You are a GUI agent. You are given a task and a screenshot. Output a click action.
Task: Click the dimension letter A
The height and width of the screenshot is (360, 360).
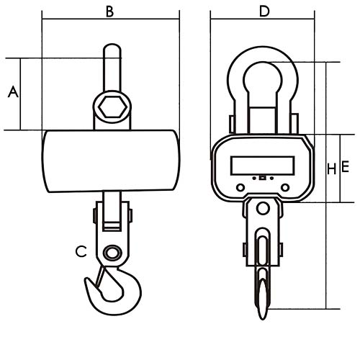(x=13, y=92)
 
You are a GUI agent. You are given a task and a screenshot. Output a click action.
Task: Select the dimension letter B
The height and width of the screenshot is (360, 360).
(x=109, y=12)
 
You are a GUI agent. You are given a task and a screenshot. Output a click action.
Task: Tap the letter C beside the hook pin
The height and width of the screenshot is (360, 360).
(x=81, y=251)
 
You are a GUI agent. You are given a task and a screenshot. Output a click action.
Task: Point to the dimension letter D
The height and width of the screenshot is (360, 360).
(x=264, y=12)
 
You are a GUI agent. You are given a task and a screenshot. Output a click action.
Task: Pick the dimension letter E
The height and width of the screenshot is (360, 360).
(x=345, y=167)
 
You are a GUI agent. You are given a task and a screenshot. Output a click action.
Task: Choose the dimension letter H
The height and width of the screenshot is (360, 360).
(x=332, y=169)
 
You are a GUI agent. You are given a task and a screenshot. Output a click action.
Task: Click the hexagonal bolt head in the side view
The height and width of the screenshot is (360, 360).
(x=112, y=107)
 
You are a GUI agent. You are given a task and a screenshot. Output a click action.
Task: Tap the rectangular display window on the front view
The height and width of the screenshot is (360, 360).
(x=263, y=166)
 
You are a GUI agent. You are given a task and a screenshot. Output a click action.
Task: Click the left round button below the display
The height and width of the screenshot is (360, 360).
(x=240, y=187)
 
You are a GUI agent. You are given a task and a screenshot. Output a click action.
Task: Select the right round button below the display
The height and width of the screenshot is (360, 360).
(x=285, y=187)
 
